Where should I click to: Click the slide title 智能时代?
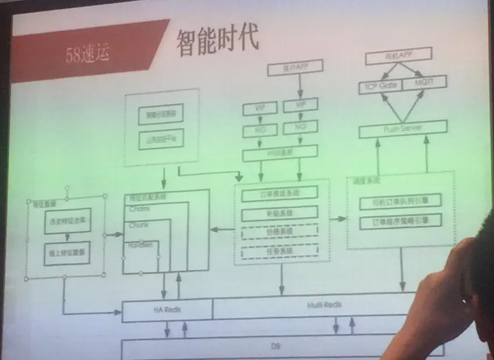(x=217, y=40)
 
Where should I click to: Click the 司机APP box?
(x=398, y=57)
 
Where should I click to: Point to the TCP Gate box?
(x=380, y=86)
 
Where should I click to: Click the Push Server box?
(x=403, y=128)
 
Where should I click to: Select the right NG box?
(x=300, y=126)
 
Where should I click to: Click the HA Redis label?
(x=169, y=309)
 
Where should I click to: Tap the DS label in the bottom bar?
(x=276, y=346)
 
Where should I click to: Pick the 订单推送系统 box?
(x=279, y=193)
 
